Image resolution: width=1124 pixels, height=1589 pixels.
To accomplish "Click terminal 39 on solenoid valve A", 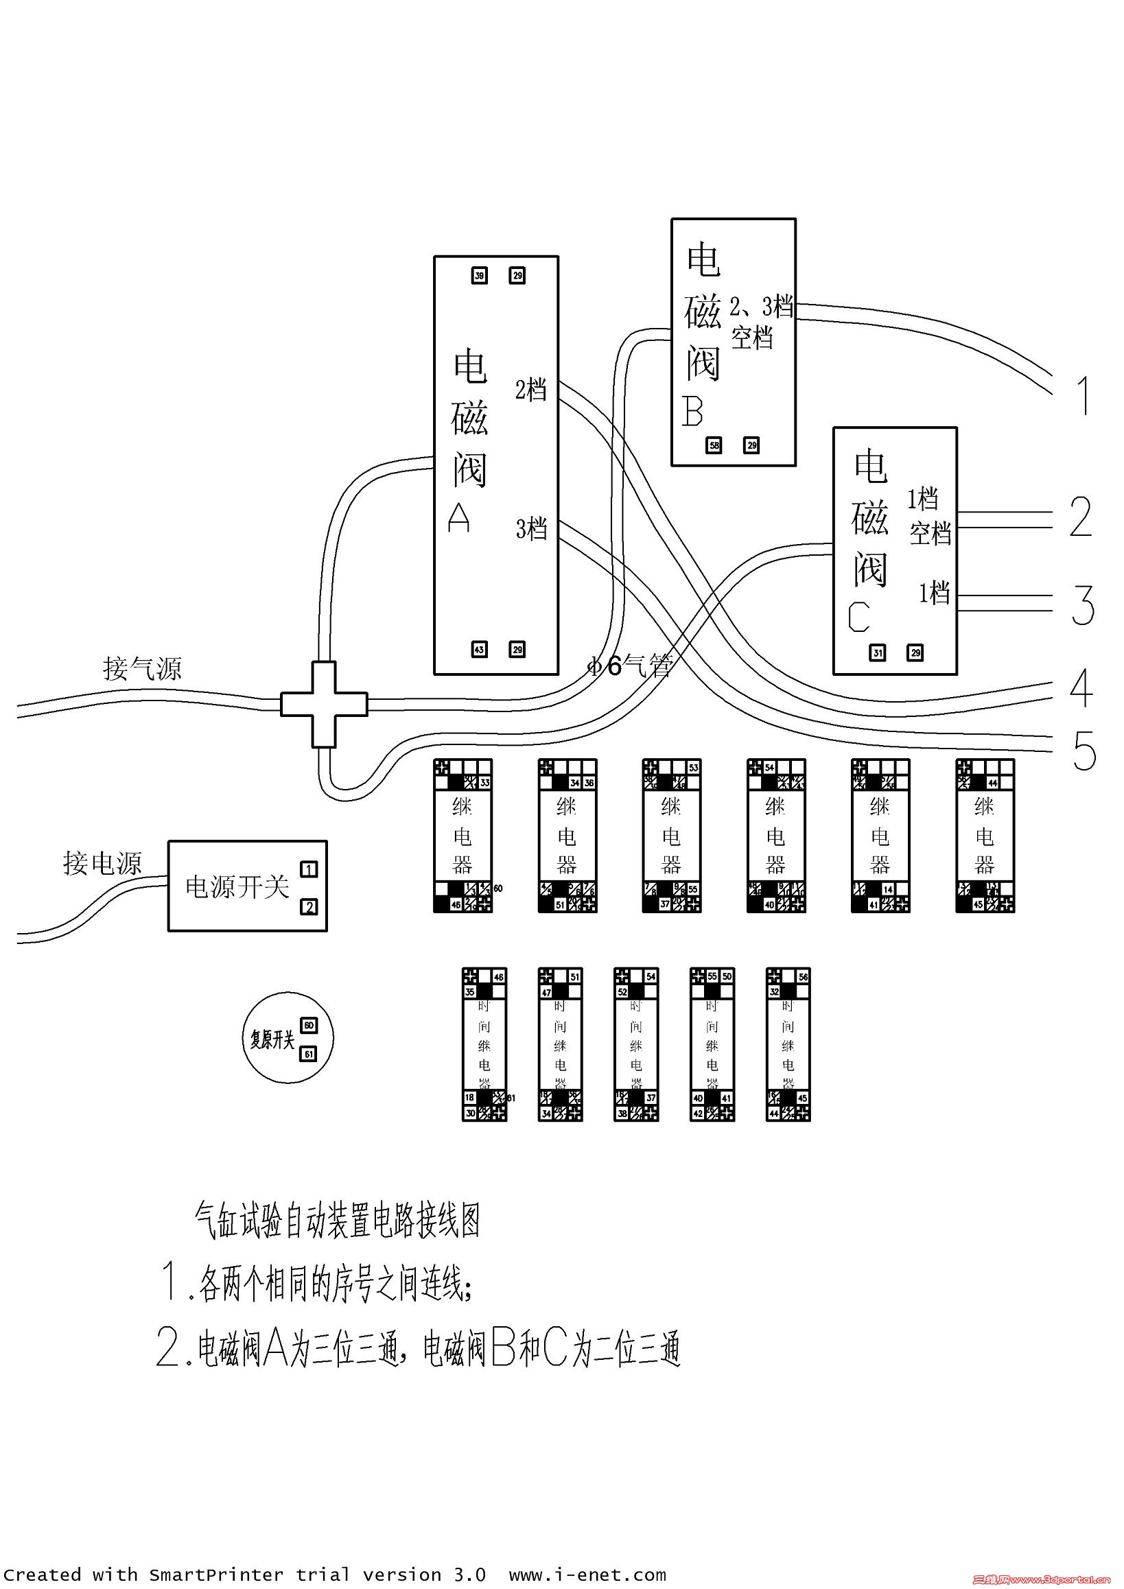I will click(x=479, y=276).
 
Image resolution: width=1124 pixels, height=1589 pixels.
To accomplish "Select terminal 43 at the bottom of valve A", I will click(x=479, y=649).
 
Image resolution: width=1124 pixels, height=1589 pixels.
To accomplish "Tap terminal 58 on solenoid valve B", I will click(x=714, y=446).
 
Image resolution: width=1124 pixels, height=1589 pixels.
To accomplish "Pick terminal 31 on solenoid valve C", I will click(x=878, y=652).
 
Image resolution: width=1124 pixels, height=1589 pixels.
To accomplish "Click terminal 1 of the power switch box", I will click(x=309, y=869).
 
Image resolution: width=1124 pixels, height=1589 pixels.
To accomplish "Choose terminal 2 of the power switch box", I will click(x=309, y=906).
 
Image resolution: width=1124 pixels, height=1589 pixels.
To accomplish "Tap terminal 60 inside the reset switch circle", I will click(x=309, y=1025).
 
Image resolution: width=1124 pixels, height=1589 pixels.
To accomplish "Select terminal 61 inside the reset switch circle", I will click(x=309, y=1054).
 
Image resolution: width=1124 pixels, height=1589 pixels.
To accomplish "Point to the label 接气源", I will click(x=142, y=668).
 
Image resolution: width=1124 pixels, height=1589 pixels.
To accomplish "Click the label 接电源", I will click(x=102, y=863).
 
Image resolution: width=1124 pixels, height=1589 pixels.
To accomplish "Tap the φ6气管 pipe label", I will click(x=630, y=666).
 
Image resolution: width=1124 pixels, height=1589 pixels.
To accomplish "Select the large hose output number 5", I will click(x=1085, y=751).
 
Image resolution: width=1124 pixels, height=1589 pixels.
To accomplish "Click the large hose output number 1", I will click(x=1085, y=396).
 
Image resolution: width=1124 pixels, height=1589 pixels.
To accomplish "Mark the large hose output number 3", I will click(x=1083, y=605).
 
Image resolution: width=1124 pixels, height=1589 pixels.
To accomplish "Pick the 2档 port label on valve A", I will click(x=531, y=390).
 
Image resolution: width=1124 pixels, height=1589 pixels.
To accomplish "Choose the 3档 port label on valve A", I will click(x=531, y=529).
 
